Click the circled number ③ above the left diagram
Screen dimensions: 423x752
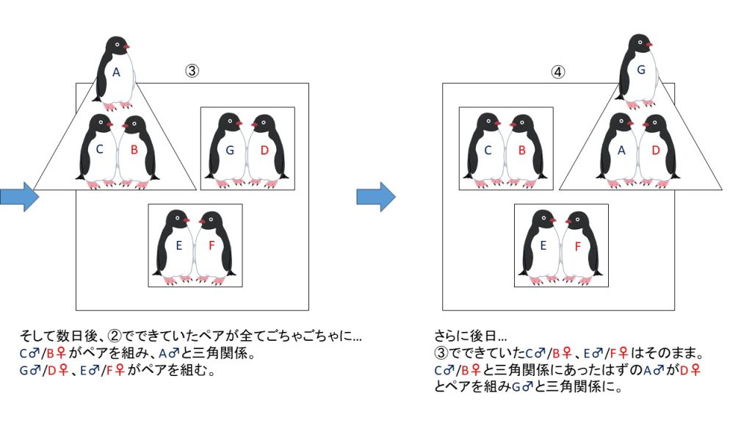192,71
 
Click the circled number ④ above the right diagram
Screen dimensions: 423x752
559,72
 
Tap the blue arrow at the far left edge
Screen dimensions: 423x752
19,195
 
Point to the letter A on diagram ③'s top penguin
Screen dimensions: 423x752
116,73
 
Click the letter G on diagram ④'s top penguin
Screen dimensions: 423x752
641,70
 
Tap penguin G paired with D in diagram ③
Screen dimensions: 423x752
230,151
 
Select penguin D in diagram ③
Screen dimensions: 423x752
265,151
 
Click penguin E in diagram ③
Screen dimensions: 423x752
178,247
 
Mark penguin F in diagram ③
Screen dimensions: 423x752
212,247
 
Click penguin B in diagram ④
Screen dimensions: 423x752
524,150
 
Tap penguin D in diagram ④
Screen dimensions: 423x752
657,150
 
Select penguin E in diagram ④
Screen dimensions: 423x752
544,246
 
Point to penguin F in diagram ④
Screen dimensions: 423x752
578,246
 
